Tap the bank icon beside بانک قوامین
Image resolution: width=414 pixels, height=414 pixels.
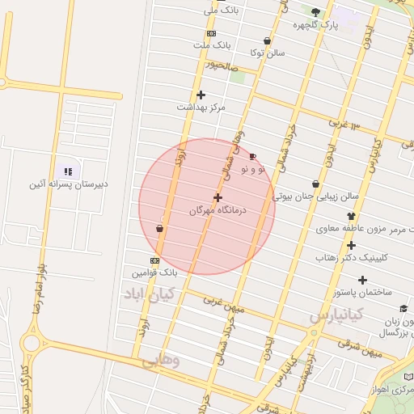[x=154, y=260]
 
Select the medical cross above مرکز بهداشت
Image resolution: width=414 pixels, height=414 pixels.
[x=201, y=95]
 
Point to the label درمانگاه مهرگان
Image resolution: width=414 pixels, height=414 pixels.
[x=217, y=209]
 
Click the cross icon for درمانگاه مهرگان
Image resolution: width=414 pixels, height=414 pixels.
[x=218, y=197]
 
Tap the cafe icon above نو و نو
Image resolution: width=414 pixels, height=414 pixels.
[x=253, y=157]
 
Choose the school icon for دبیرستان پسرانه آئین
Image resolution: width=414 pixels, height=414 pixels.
[x=68, y=171]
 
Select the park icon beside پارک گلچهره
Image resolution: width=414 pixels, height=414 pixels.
[x=315, y=12]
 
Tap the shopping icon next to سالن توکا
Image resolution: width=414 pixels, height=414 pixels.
[x=267, y=40]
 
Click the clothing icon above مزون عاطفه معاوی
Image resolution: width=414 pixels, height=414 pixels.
[x=351, y=216]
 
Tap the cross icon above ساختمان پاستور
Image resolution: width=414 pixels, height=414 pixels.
[x=362, y=280]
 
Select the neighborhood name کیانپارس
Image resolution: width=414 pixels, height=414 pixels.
[x=336, y=314]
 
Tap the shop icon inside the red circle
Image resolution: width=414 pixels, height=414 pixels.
[x=159, y=228]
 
